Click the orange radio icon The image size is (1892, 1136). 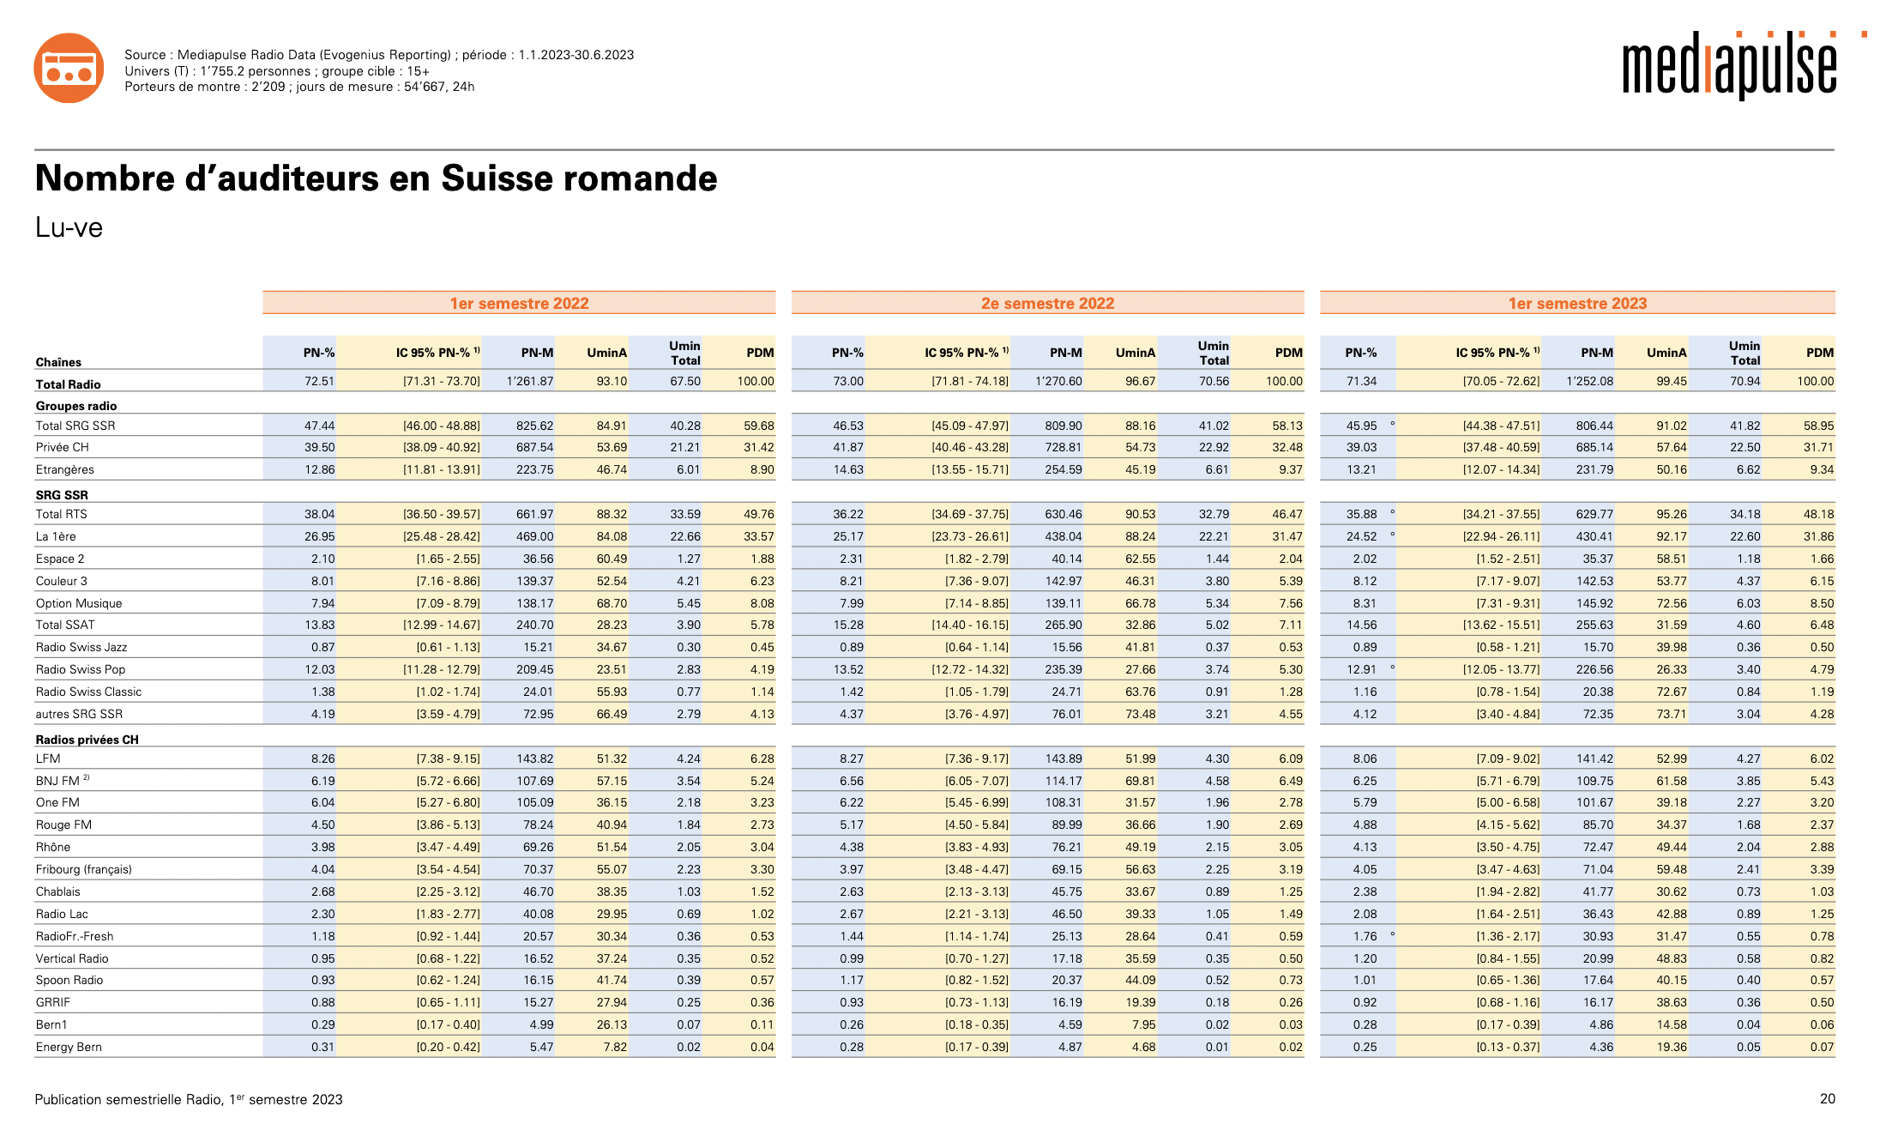[69, 68]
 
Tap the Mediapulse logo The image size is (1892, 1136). [1730, 66]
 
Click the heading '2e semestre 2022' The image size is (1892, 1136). [1047, 303]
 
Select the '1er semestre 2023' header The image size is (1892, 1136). [1577, 303]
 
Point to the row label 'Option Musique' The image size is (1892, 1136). [79, 603]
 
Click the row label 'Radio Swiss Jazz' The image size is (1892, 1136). [81, 647]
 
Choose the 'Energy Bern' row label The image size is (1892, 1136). [69, 1047]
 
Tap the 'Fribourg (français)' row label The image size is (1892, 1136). [84, 869]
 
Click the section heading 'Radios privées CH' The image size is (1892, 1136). [87, 739]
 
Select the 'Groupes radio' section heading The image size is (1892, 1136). [76, 406]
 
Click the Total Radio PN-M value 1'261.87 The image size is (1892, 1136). [530, 381]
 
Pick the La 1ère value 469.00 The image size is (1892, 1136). [534, 536]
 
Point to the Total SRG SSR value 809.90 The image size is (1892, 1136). [1063, 426]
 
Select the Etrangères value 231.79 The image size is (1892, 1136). [1594, 469]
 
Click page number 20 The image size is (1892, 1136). [1827, 1098]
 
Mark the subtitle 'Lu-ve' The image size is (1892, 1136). [69, 227]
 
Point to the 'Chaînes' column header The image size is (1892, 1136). [58, 362]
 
